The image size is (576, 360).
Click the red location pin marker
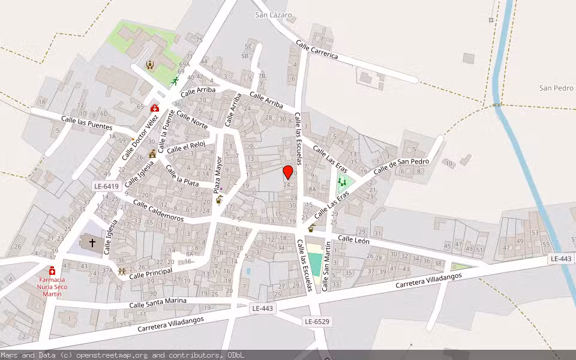point(288,173)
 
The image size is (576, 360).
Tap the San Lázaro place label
point(273,14)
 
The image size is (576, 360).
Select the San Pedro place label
point(556,88)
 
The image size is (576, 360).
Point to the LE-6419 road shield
point(106,187)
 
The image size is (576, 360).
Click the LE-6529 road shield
point(316,322)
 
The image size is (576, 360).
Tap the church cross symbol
point(92,243)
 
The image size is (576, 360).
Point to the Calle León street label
point(353,240)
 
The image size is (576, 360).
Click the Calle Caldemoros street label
point(158,211)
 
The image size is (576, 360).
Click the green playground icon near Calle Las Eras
point(342,181)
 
